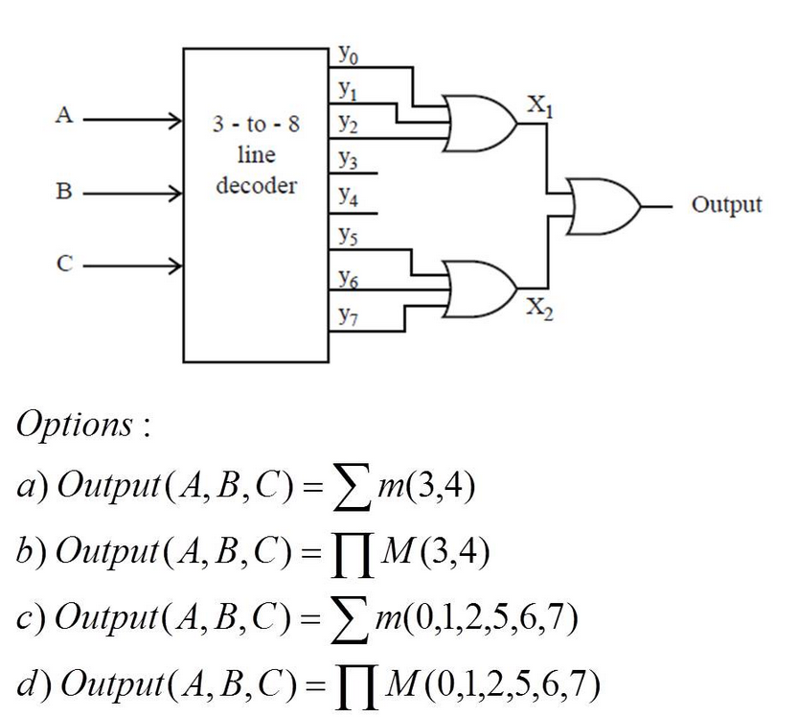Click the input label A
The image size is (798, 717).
coord(64,116)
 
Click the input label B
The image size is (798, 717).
coord(64,191)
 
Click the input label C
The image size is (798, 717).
coord(64,263)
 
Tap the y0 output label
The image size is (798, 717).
coord(347,56)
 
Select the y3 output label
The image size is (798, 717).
coord(347,159)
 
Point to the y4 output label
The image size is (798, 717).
coord(347,198)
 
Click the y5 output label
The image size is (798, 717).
coord(347,233)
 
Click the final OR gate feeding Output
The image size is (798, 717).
coord(604,205)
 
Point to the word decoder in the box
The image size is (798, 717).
coord(256,185)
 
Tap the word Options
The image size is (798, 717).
coord(77,426)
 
